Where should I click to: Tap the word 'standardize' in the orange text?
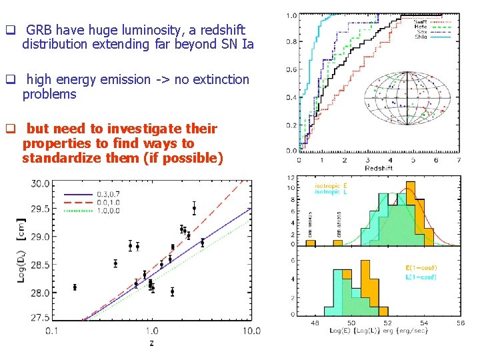pos(57,159)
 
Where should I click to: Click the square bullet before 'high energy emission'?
pos(10,80)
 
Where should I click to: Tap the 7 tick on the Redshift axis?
pos(459,161)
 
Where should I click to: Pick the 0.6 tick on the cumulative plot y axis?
pos(291,70)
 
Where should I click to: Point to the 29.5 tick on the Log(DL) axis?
pos(38,209)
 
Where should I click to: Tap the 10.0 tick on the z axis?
pos(251,331)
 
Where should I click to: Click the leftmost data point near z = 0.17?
pos(75,287)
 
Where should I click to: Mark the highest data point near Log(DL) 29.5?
pos(194,208)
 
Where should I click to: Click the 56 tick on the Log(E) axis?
pos(461,323)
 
